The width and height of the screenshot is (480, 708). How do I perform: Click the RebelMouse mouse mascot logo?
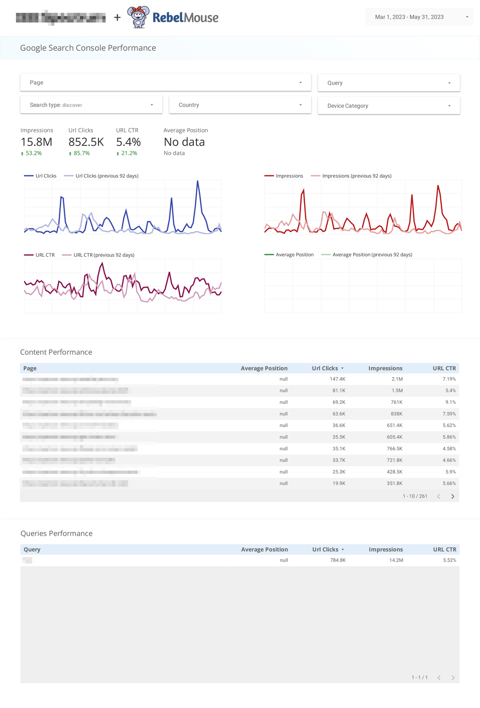(x=139, y=17)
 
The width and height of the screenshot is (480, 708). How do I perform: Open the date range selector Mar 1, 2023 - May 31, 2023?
(x=419, y=17)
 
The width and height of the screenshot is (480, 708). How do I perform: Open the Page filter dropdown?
(x=166, y=83)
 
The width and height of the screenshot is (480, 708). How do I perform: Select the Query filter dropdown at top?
(x=388, y=83)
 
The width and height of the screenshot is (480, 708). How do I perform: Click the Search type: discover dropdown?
(x=91, y=105)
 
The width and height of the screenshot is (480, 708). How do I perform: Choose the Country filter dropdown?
(x=240, y=105)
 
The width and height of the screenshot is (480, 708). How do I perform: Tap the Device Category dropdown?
(x=388, y=106)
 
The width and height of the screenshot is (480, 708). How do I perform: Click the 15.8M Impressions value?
(x=36, y=142)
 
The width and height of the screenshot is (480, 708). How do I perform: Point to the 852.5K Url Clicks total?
(x=86, y=142)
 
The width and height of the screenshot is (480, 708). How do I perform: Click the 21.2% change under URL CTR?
(x=129, y=153)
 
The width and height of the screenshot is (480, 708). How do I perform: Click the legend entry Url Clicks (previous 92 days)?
(x=106, y=176)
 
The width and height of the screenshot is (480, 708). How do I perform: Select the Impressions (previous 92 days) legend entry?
(x=356, y=176)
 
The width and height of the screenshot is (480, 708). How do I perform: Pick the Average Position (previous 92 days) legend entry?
(x=372, y=255)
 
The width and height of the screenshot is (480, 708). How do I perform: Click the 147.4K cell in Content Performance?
(x=337, y=379)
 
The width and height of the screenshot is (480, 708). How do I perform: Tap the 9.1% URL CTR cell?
(x=450, y=402)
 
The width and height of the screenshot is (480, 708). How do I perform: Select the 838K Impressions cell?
(x=396, y=414)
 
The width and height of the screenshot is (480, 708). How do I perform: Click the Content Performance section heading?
(x=56, y=352)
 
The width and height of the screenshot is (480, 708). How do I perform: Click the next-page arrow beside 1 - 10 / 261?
(x=453, y=496)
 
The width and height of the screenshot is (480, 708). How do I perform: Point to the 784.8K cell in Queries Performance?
(x=337, y=560)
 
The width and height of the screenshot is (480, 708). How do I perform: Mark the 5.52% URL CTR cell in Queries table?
(x=449, y=560)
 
